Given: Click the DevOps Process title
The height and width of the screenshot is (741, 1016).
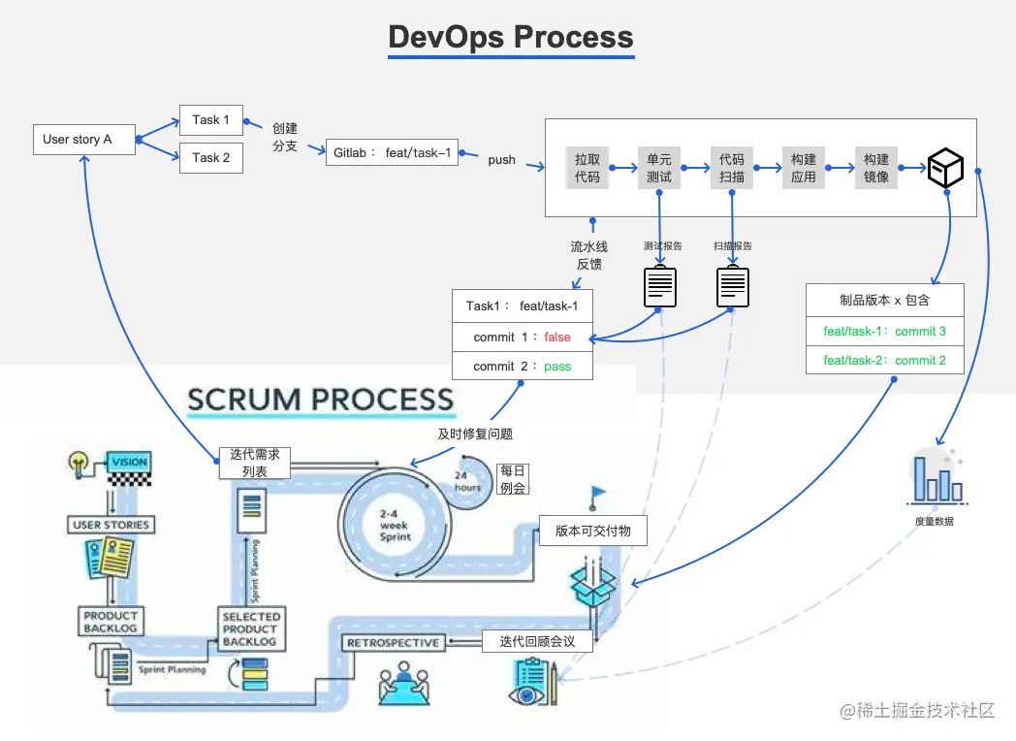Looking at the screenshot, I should [x=511, y=37].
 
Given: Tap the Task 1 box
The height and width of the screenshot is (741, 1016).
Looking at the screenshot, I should [x=210, y=120].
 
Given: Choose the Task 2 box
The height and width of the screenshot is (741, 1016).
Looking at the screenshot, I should [x=210, y=157].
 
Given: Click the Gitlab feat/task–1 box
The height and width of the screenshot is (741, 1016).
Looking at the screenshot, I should [x=392, y=153].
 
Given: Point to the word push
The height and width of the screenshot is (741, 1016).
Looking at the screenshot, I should [x=502, y=160].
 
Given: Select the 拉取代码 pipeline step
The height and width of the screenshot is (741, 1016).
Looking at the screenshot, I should [x=587, y=168].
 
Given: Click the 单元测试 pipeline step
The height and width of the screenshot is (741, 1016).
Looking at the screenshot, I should [x=659, y=168].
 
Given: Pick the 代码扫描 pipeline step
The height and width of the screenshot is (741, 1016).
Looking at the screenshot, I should [x=732, y=168].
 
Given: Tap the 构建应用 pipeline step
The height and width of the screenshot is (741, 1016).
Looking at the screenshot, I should [x=804, y=168].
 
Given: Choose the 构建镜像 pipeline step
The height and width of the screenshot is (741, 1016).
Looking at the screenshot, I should [x=875, y=168].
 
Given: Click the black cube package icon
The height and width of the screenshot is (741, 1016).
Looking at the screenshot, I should [x=945, y=169].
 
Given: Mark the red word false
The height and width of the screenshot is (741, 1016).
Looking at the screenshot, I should [x=557, y=338].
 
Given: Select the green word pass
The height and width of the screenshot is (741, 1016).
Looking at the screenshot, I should [x=557, y=367].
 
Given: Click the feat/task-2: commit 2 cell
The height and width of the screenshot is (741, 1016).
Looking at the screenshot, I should [x=884, y=361].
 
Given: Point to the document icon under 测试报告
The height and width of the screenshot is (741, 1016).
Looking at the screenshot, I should [x=660, y=287].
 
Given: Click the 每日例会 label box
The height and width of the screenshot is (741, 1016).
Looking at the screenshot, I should [x=513, y=479].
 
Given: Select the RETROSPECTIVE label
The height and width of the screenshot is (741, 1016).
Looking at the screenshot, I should [x=393, y=643].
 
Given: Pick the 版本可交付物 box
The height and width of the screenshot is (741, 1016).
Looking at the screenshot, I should [x=592, y=532].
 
